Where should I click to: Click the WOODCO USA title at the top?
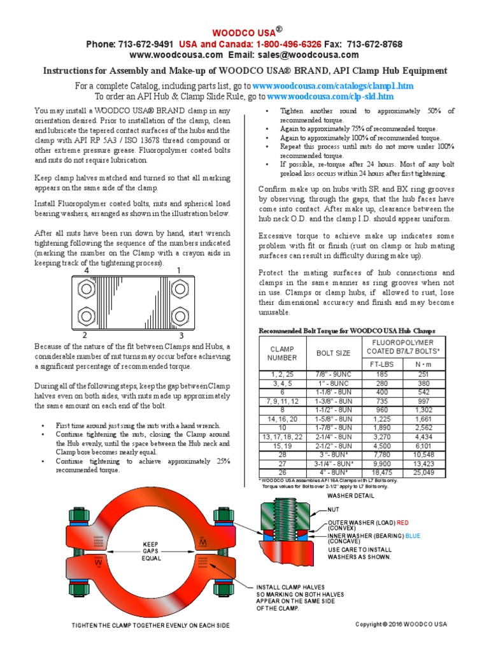coord(244,31)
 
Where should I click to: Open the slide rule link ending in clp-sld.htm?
coord(330,96)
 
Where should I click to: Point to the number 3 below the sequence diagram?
coord(181,335)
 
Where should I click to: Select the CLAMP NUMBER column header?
coord(282,353)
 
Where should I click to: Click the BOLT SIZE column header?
coord(333,353)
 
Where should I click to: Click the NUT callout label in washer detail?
coord(334,510)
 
